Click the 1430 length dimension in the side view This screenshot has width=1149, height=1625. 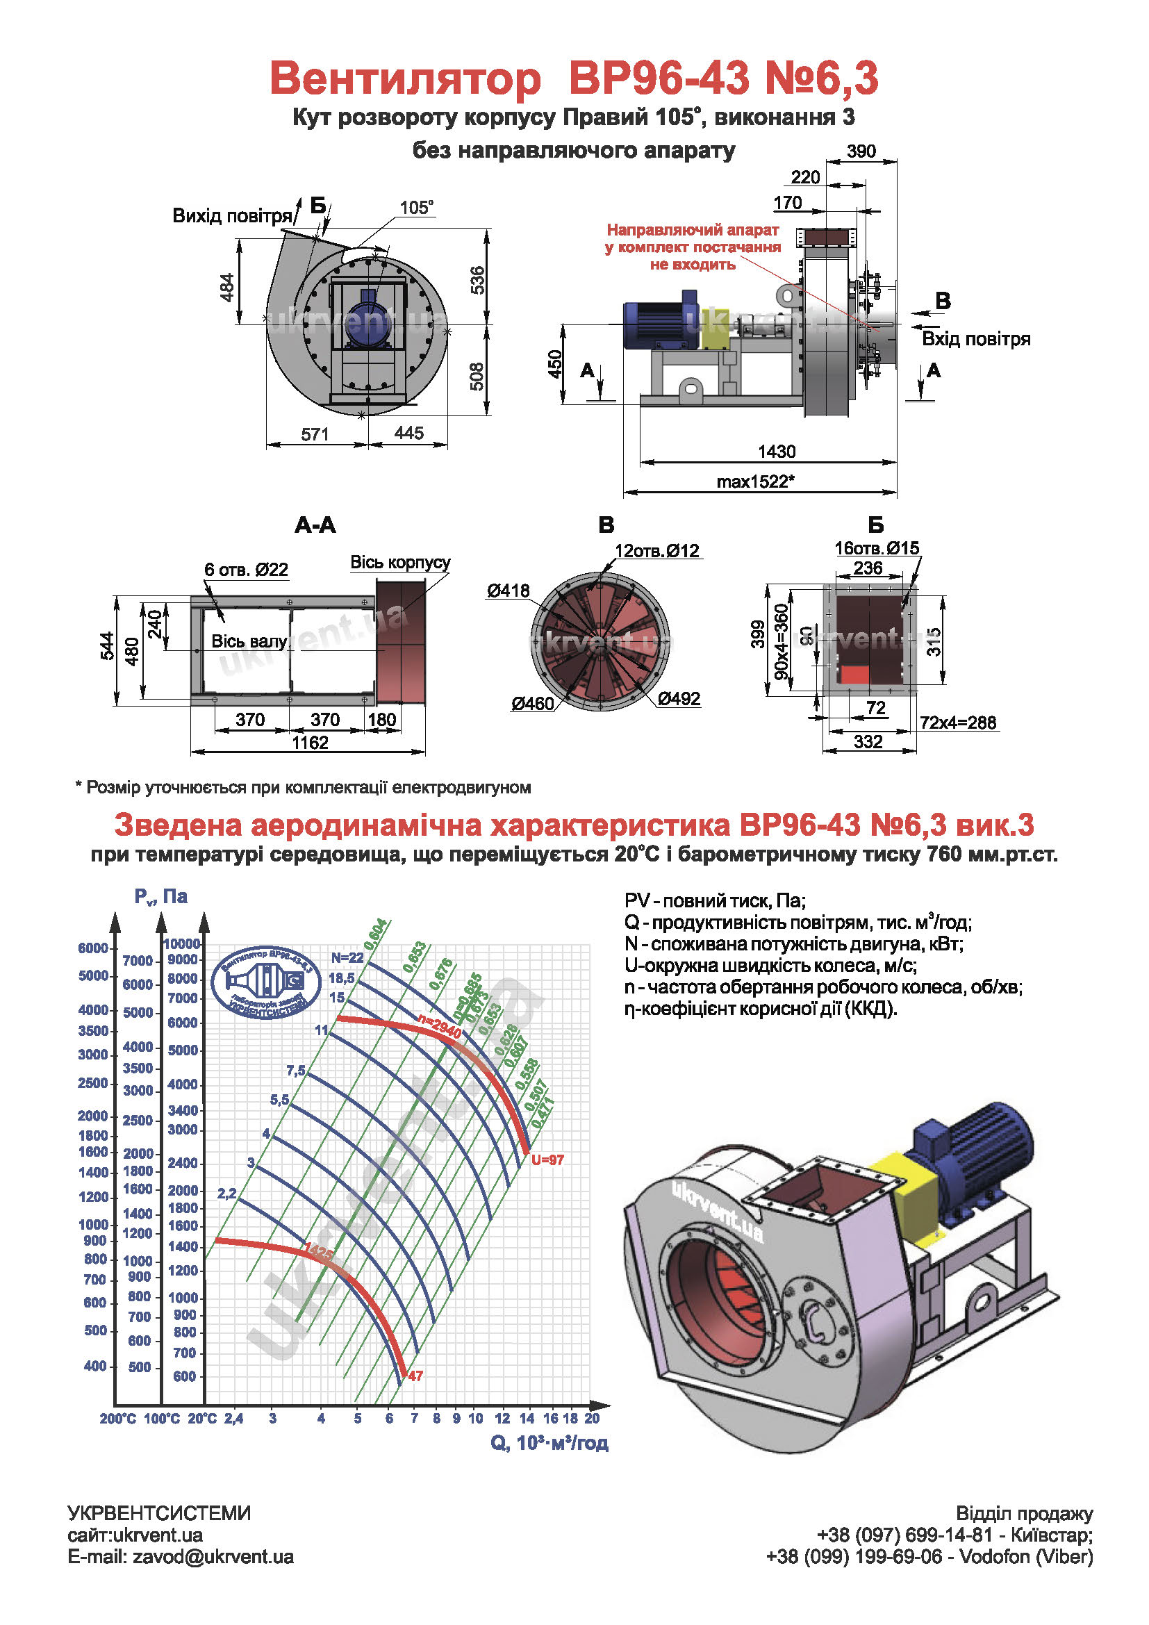click(776, 451)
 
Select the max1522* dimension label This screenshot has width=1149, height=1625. click(755, 481)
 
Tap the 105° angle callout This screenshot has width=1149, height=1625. click(416, 207)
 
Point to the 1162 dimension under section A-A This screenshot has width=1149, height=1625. click(310, 743)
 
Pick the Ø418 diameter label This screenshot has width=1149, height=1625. click(507, 591)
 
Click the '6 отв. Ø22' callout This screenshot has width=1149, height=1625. click(246, 569)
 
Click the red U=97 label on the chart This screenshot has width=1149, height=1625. click(547, 1160)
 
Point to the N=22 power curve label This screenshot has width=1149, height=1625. click(347, 957)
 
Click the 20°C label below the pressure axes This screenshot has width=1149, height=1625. click(202, 1419)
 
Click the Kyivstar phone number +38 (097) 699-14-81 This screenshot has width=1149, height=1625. click(904, 1535)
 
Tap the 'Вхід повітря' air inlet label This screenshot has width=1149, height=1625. click(975, 339)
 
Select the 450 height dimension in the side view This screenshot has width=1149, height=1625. click(556, 364)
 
